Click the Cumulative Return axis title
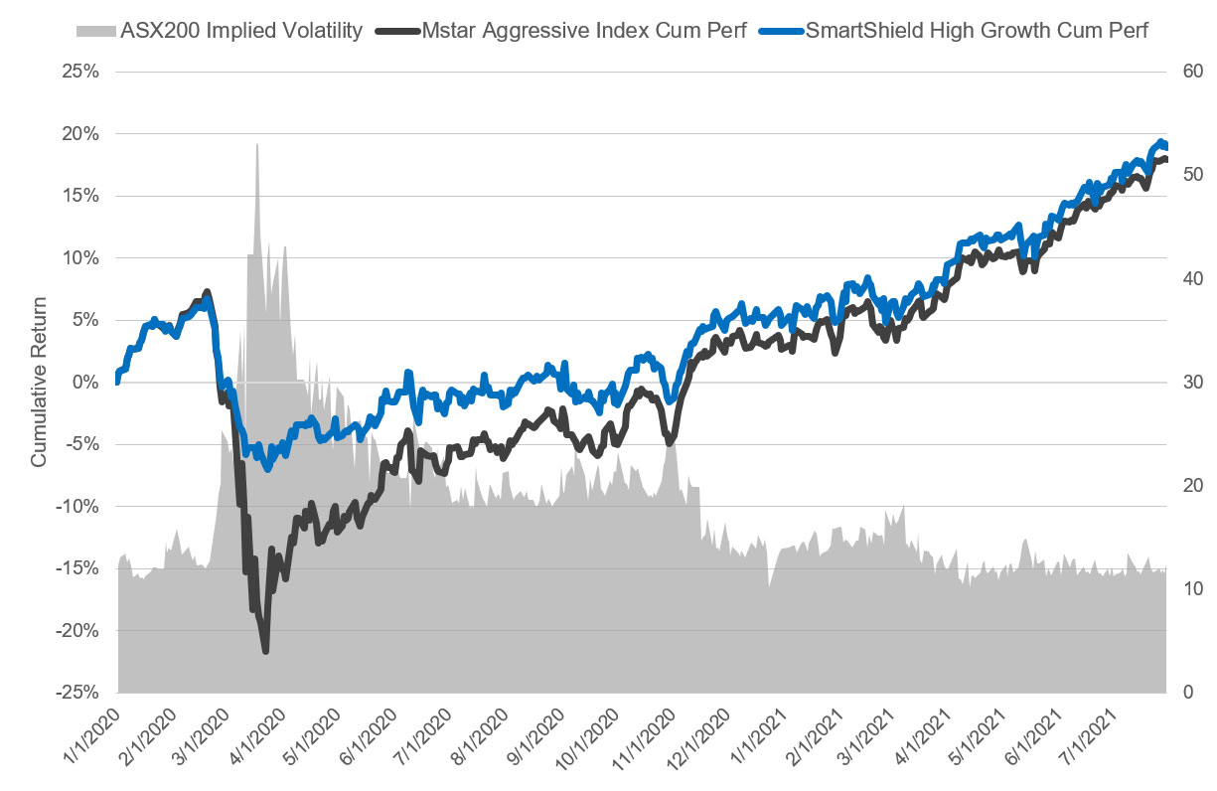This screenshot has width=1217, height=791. click(39, 383)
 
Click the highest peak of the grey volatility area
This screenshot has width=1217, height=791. click(257, 145)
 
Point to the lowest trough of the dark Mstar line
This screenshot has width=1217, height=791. click(265, 650)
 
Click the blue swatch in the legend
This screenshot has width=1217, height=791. click(780, 31)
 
